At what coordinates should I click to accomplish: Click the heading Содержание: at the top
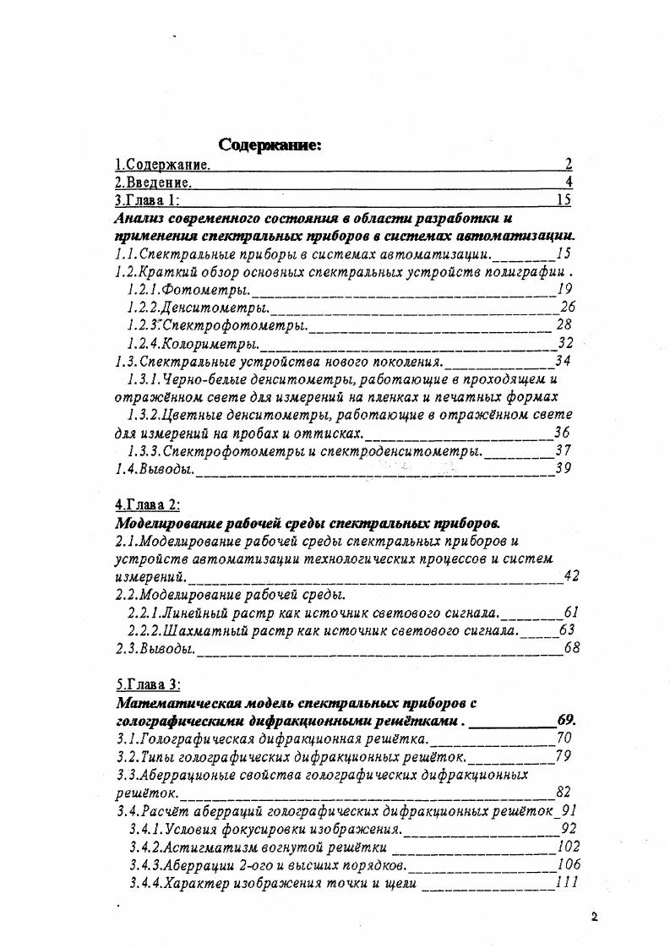270,145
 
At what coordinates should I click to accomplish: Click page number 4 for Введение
569,182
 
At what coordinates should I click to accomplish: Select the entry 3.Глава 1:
147,200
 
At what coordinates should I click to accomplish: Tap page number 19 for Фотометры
565,288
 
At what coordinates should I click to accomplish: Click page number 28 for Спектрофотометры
564,324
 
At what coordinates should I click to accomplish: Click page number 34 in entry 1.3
563,361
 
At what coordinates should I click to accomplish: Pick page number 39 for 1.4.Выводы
564,467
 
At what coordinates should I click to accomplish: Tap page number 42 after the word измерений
571,576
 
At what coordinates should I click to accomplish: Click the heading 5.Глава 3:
147,684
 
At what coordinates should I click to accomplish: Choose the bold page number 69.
567,721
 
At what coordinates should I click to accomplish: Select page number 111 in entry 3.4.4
566,882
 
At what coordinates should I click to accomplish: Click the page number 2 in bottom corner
595,917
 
